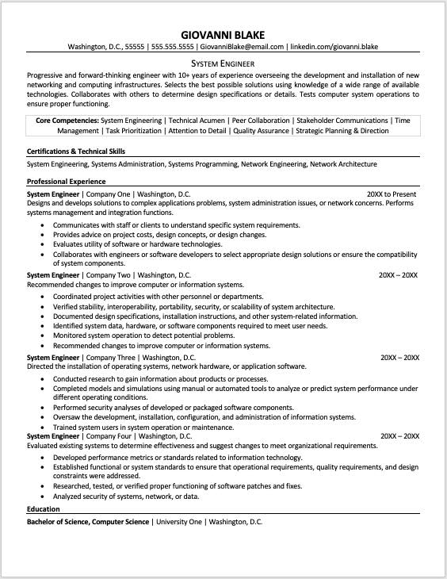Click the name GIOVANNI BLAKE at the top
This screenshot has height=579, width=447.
[223, 33]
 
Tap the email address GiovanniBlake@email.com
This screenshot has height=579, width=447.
[241, 47]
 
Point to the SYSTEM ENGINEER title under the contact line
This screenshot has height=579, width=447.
[223, 63]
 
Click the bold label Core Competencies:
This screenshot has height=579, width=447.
[67, 121]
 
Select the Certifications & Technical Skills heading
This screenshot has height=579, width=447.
[76, 151]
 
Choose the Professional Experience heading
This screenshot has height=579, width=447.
[67, 182]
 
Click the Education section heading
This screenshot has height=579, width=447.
[44, 509]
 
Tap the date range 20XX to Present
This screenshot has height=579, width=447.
[392, 194]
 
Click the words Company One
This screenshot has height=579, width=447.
[107, 194]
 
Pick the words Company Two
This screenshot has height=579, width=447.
[108, 275]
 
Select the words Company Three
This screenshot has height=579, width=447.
[109, 358]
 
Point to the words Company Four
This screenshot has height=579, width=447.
[109, 436]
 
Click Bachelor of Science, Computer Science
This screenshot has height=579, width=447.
[88, 522]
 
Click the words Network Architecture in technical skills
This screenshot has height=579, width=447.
[343, 164]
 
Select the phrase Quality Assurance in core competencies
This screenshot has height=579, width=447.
[261, 131]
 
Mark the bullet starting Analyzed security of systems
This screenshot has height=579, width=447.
[126, 496]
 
